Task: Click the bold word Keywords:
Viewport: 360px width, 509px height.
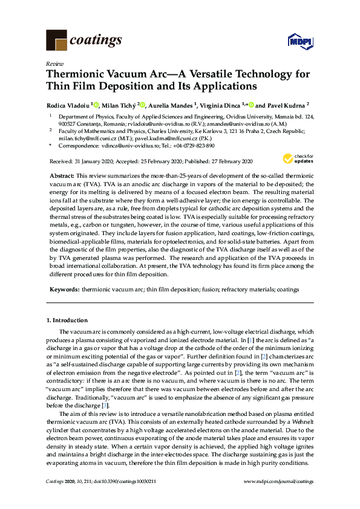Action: coord(65,290)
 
